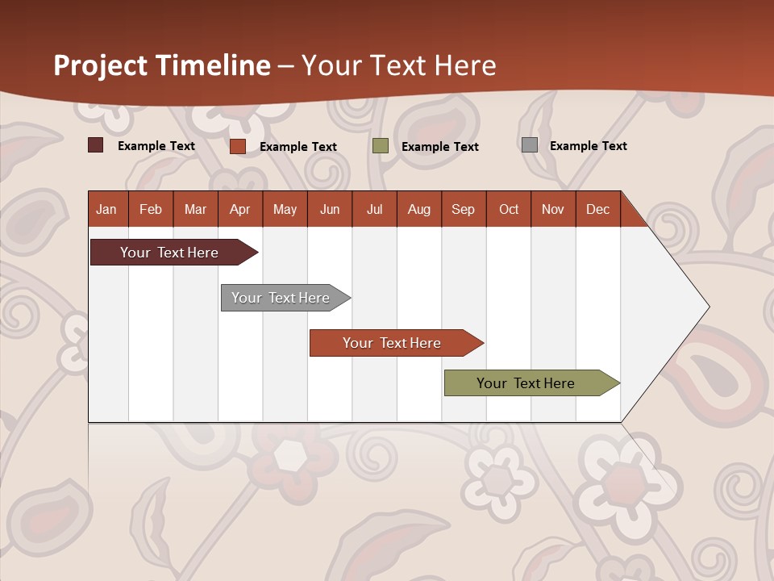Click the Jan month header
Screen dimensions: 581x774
click(x=107, y=209)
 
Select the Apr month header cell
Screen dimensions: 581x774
click(x=240, y=209)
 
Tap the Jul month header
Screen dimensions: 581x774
click(x=374, y=209)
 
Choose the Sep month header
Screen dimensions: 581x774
click(x=463, y=209)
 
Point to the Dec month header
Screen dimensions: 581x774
click(x=597, y=209)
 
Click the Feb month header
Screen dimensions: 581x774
click(x=151, y=209)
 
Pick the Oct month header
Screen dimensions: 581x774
click(x=509, y=209)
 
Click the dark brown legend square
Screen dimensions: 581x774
click(x=95, y=145)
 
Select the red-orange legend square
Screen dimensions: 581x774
click(x=237, y=146)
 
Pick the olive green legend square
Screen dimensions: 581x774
click(x=381, y=146)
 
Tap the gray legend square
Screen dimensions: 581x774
click(x=530, y=145)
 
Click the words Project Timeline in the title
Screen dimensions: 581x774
click(x=161, y=65)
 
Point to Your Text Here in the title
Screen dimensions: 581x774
click(x=398, y=65)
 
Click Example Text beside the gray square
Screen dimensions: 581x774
click(x=588, y=146)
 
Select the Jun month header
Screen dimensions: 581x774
click(x=330, y=209)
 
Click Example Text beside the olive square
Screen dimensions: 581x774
click(x=439, y=147)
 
